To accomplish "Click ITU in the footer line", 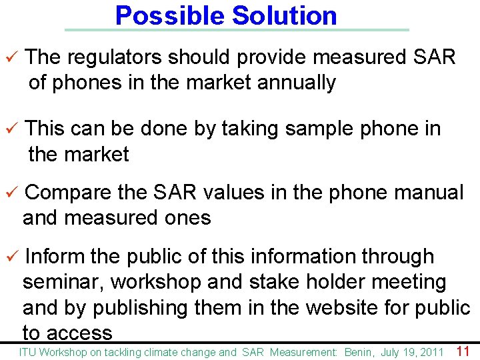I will (27, 352).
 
